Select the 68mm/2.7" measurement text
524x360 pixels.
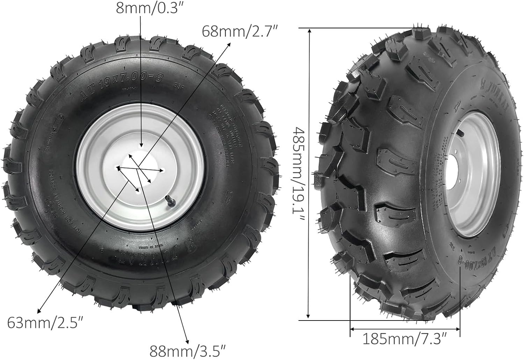[240, 31]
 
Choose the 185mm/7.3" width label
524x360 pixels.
[405, 338]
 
